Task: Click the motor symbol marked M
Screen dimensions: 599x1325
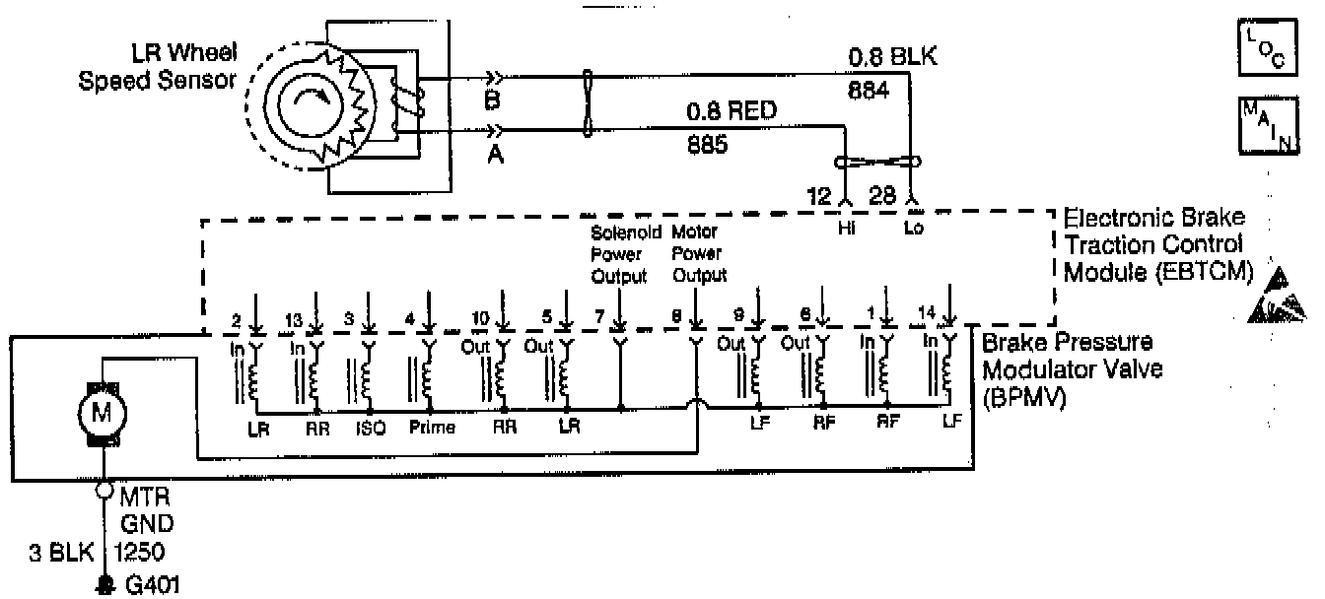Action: [x=101, y=415]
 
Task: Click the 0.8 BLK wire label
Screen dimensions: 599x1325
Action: [x=892, y=60]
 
